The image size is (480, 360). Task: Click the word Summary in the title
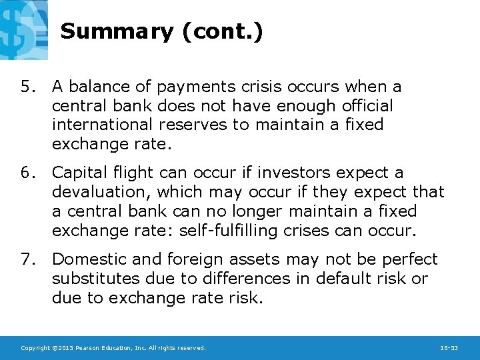[x=116, y=32]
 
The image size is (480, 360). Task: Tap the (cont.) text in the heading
[x=220, y=32]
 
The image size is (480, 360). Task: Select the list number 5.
[x=26, y=87]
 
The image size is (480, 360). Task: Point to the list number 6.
[x=26, y=173]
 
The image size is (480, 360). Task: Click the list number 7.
[x=26, y=259]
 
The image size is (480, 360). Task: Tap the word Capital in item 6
[x=77, y=173]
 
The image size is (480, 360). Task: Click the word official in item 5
[x=366, y=106]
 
